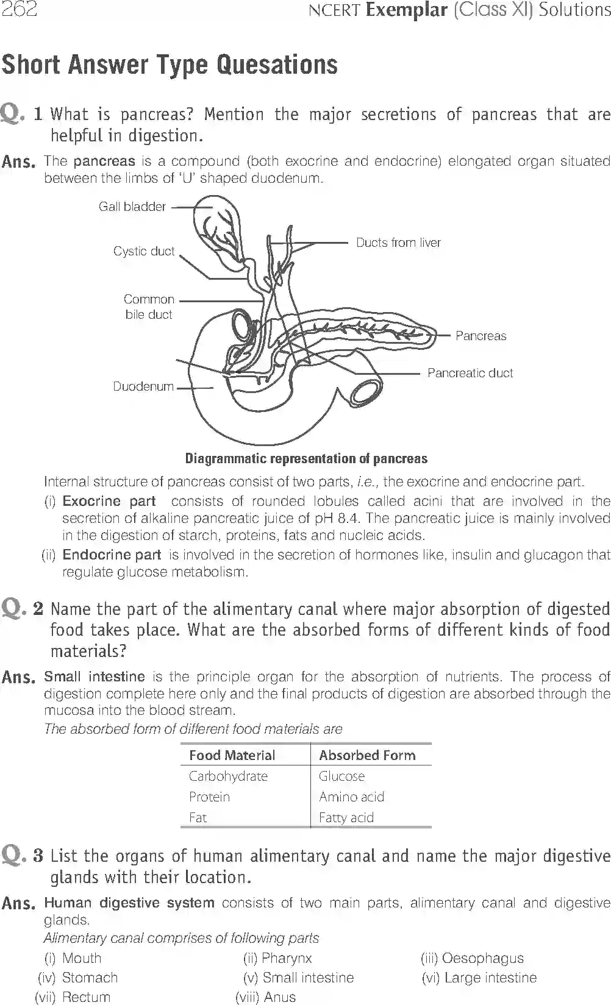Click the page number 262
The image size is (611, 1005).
pos(19,9)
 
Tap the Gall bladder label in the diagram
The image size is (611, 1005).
pos(132,207)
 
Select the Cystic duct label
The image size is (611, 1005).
pos(144,251)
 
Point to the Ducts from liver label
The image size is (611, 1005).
pos(398,243)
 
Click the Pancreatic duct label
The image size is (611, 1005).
pos(470,373)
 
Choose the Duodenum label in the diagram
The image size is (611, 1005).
pos(143,386)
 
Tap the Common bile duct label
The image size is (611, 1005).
pos(149,307)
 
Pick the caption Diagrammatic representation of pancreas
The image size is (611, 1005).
pos(306,458)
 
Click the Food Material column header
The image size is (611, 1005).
pos(232,755)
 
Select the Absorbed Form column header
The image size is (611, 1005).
pos(367,755)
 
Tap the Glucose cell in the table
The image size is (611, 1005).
pos(341,776)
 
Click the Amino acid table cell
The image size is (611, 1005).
pos(351,797)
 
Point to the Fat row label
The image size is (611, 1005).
pos(198,817)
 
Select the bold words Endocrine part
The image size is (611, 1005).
pos(112,555)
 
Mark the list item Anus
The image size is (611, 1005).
pos(279,997)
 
